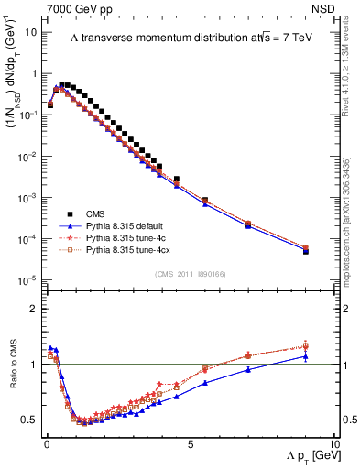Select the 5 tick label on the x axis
[x=190, y=442]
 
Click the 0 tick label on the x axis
[x=47, y=442]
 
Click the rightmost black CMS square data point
[x=306, y=251]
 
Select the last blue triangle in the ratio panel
[x=306, y=356]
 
